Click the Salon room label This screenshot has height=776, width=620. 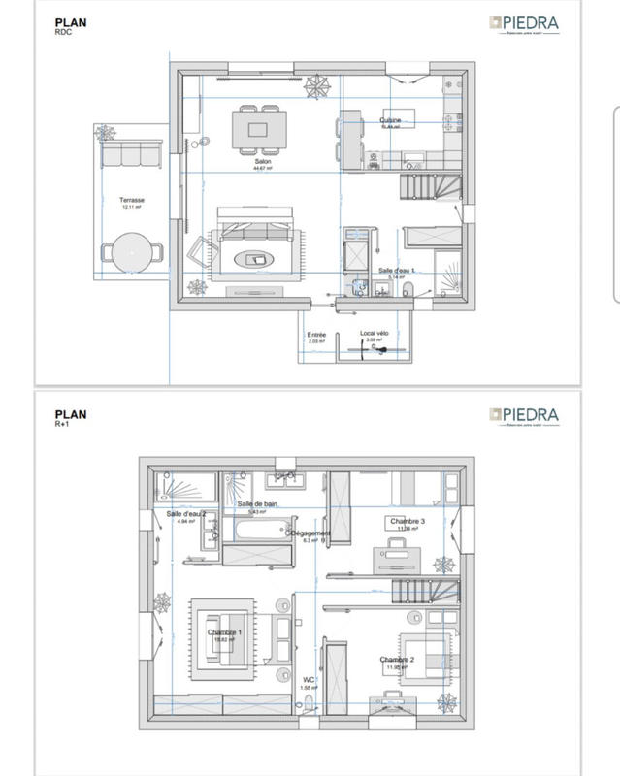pyautogui.click(x=262, y=162)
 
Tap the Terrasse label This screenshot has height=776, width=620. pyautogui.click(x=132, y=201)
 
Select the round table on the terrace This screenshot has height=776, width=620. pyautogui.click(x=131, y=251)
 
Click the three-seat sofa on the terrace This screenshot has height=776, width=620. pyautogui.click(x=131, y=153)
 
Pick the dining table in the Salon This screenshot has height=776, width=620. pyautogui.click(x=259, y=129)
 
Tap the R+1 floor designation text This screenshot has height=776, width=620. pyautogui.click(x=61, y=425)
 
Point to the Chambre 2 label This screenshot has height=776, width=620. pyautogui.click(x=397, y=660)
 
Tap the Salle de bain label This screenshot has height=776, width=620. pyautogui.click(x=258, y=504)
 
